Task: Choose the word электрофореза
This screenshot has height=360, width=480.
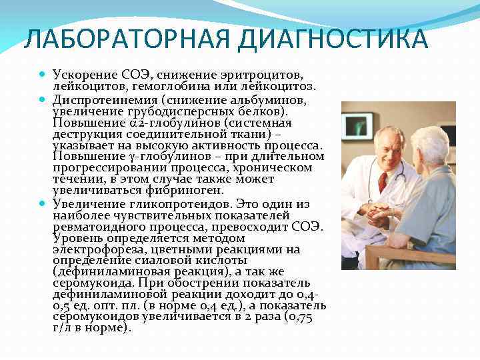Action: tap(93, 249)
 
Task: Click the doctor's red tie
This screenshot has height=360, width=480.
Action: tap(383, 182)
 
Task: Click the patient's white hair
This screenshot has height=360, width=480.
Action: tap(433, 140)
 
